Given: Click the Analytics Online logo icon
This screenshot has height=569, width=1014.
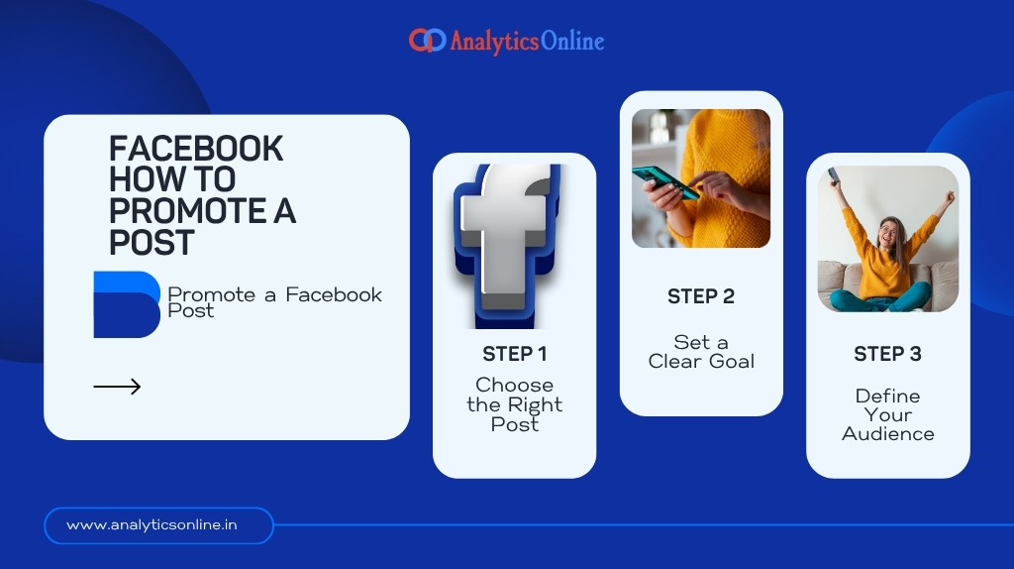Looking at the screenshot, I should click(427, 41).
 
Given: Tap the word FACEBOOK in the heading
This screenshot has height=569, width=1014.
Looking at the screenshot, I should click(196, 149).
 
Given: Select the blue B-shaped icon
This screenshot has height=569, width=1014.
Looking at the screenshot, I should click(126, 303).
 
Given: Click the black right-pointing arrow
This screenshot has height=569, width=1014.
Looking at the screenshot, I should click(117, 387).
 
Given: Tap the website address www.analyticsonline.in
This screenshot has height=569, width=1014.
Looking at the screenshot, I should click(152, 525).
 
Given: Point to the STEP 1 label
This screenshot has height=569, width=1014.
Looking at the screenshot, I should click(514, 354).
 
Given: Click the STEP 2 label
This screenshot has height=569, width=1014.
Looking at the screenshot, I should click(700, 296).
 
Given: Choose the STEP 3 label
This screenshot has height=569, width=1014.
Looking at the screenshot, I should click(887, 354).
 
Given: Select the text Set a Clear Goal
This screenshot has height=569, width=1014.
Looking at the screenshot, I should click(701, 352).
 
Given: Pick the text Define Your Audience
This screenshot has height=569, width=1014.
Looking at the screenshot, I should click(887, 414).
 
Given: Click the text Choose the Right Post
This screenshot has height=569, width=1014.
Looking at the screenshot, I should click(514, 404).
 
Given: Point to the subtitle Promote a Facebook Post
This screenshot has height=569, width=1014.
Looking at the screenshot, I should click(274, 302).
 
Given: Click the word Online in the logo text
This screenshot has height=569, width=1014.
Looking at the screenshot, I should click(572, 41).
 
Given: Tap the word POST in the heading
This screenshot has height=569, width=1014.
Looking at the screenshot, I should click(152, 243).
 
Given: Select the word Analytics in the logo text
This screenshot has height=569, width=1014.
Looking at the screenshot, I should click(494, 42).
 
